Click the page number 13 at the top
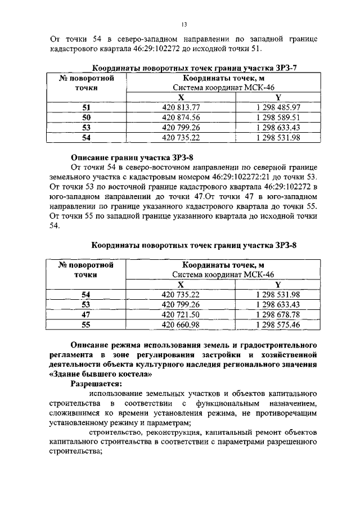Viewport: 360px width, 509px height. click(x=183, y=24)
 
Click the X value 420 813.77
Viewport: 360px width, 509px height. click(x=181, y=107)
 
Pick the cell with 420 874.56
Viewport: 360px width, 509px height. click(x=181, y=117)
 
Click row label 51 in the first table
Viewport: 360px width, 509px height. click(x=86, y=107)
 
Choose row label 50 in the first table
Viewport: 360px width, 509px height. click(x=86, y=117)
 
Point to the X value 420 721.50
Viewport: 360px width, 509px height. click(x=181, y=314)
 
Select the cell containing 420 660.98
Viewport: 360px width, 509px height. click(x=181, y=325)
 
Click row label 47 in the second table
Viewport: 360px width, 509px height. click(x=86, y=314)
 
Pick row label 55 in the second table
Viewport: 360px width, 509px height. click(x=86, y=325)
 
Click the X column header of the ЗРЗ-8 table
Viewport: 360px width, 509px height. click(x=181, y=285)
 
